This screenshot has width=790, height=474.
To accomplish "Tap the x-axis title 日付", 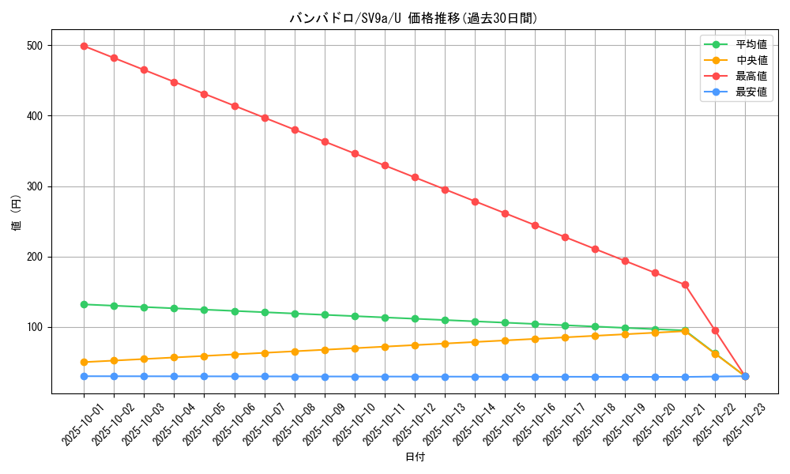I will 415,457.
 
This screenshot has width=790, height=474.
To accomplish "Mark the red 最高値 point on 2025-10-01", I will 84,46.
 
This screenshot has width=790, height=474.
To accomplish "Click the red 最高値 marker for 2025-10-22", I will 715,330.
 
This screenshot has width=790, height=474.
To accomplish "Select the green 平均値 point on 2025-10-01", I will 84,304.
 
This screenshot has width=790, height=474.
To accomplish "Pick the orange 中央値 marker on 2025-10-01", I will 84,362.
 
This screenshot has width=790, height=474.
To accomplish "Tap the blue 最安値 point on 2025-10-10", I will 355,377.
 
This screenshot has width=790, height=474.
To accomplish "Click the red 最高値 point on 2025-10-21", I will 685,284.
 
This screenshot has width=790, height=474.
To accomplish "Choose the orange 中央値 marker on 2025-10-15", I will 505,340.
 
